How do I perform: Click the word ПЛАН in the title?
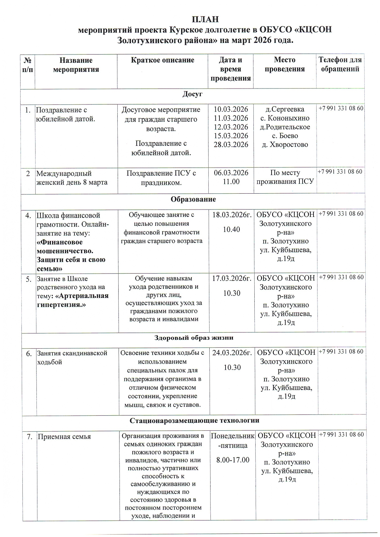[205, 19]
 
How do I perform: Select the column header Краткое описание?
[162, 60]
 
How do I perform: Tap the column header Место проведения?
[285, 64]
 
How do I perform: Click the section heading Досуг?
[192, 94]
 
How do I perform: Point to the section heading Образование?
[193, 199]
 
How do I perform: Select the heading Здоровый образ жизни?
[194, 338]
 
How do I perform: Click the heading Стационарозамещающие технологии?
[194, 420]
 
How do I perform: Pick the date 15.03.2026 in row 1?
[231, 136]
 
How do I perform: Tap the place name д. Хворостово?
[285, 145]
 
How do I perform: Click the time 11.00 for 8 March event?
[231, 182]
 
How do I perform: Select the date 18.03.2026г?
[232, 215]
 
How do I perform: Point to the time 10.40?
[231, 229]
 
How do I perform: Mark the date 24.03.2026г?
[232, 353]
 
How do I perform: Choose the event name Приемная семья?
[64, 437]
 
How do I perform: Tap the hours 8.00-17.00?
[233, 460]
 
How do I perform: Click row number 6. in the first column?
[29, 354]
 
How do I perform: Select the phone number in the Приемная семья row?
[341, 434]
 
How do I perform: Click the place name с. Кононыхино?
[285, 118]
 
